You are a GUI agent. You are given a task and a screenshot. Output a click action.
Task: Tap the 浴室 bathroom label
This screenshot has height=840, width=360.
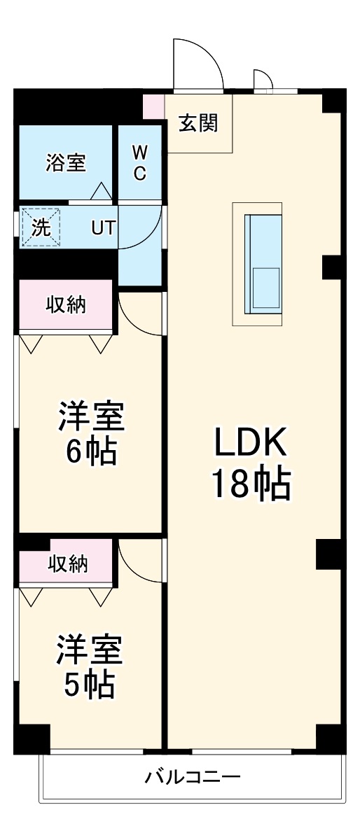[x=66, y=162]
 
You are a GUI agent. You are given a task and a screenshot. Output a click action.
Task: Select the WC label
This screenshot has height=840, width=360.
[x=139, y=162]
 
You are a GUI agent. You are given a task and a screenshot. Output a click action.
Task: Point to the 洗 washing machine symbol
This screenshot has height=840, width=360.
[x=41, y=227]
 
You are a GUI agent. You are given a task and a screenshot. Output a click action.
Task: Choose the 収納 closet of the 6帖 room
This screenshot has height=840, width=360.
[x=66, y=304]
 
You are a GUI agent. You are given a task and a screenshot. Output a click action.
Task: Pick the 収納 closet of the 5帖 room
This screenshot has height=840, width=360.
[x=68, y=563]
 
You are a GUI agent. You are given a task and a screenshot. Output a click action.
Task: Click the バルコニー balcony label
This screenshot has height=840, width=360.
[x=193, y=777]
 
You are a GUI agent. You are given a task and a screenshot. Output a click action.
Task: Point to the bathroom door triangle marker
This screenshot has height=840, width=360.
[x=100, y=190]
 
